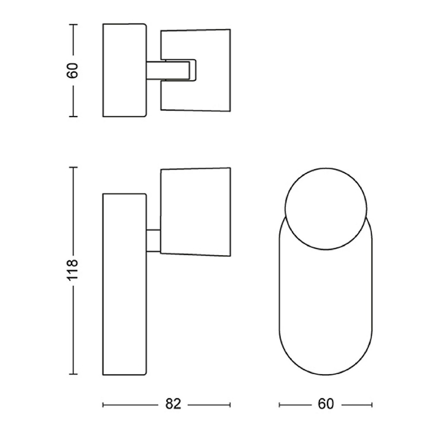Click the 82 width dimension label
tap(173, 404)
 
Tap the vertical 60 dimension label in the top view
tap(73, 71)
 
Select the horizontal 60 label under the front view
tap(326, 404)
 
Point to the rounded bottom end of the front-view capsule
tap(326, 375)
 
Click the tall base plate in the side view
tap(124, 284)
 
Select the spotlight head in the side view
tap(195, 212)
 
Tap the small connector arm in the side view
tap(153, 240)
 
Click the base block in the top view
tap(124, 70)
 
